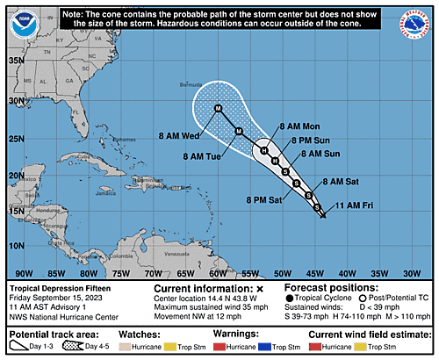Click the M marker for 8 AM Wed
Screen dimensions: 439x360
point(218,108)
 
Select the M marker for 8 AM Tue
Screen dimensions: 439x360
point(239,131)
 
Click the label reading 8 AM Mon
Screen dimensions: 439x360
point(299,127)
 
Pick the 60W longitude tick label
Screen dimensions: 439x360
point(218,273)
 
